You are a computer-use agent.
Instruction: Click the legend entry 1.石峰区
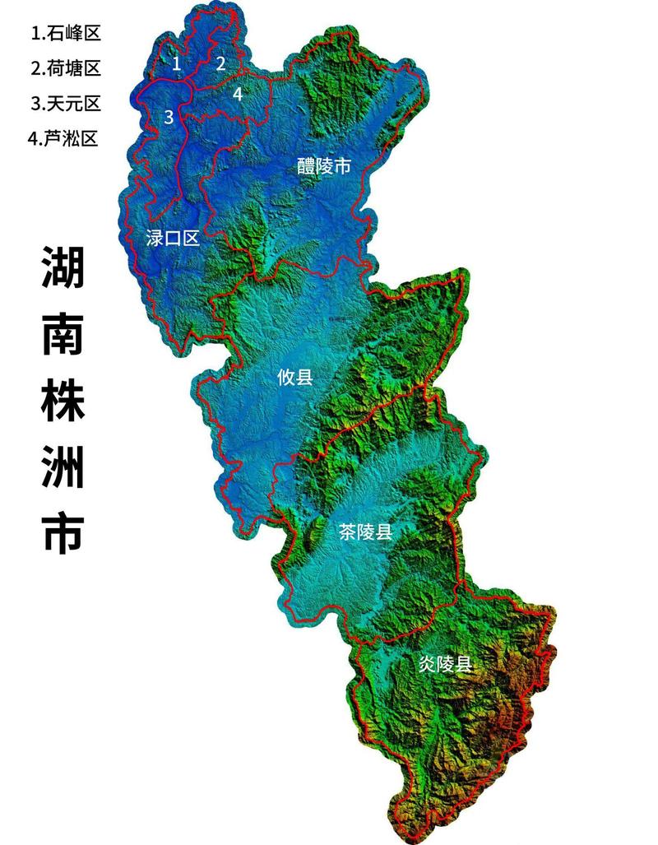pos(66,34)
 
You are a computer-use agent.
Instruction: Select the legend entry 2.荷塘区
pos(66,68)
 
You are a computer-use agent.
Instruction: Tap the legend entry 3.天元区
pos(66,104)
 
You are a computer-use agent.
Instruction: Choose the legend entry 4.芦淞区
pos(63,138)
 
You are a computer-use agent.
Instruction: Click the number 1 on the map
pos(176,62)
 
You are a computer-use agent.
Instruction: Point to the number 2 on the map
pos(220,63)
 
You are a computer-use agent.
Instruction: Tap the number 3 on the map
pos(169,117)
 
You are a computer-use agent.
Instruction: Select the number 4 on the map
pos(238,94)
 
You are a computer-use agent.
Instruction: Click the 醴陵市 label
pos(324,167)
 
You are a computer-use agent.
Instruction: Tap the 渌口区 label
pos(172,239)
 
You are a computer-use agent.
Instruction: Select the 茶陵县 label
pos(365,532)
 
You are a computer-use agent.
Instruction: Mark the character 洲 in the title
pos(63,467)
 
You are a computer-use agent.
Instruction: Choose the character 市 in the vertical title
pos(63,533)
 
